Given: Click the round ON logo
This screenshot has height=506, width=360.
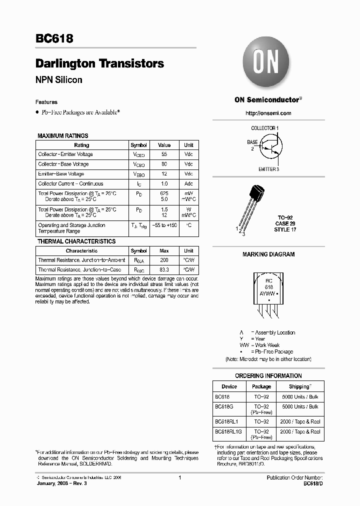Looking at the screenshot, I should (268, 64).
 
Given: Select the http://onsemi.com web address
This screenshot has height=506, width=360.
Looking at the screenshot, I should (268, 113).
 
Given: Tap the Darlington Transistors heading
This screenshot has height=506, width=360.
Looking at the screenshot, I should (99, 63).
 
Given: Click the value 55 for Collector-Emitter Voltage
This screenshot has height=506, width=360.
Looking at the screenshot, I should (164, 154).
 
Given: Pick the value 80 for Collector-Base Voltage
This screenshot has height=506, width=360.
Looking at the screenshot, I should (164, 164).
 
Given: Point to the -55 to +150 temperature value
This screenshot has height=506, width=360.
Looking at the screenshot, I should (164, 225).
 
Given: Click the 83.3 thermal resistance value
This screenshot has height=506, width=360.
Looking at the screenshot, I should (164, 269).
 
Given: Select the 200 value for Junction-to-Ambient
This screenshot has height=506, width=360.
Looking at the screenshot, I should (164, 260).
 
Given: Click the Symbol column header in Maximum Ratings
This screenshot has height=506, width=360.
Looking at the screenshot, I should (138, 145).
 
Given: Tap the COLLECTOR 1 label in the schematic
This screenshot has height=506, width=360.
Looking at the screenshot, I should (264, 128).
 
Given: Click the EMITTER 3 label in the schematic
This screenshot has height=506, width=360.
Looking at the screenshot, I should (268, 169).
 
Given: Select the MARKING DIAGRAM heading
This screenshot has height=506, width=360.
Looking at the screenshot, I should (268, 254).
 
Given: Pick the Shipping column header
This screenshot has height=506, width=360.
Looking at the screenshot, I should (299, 386).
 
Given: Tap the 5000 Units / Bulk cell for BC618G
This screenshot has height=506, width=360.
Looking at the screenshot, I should (299, 406).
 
